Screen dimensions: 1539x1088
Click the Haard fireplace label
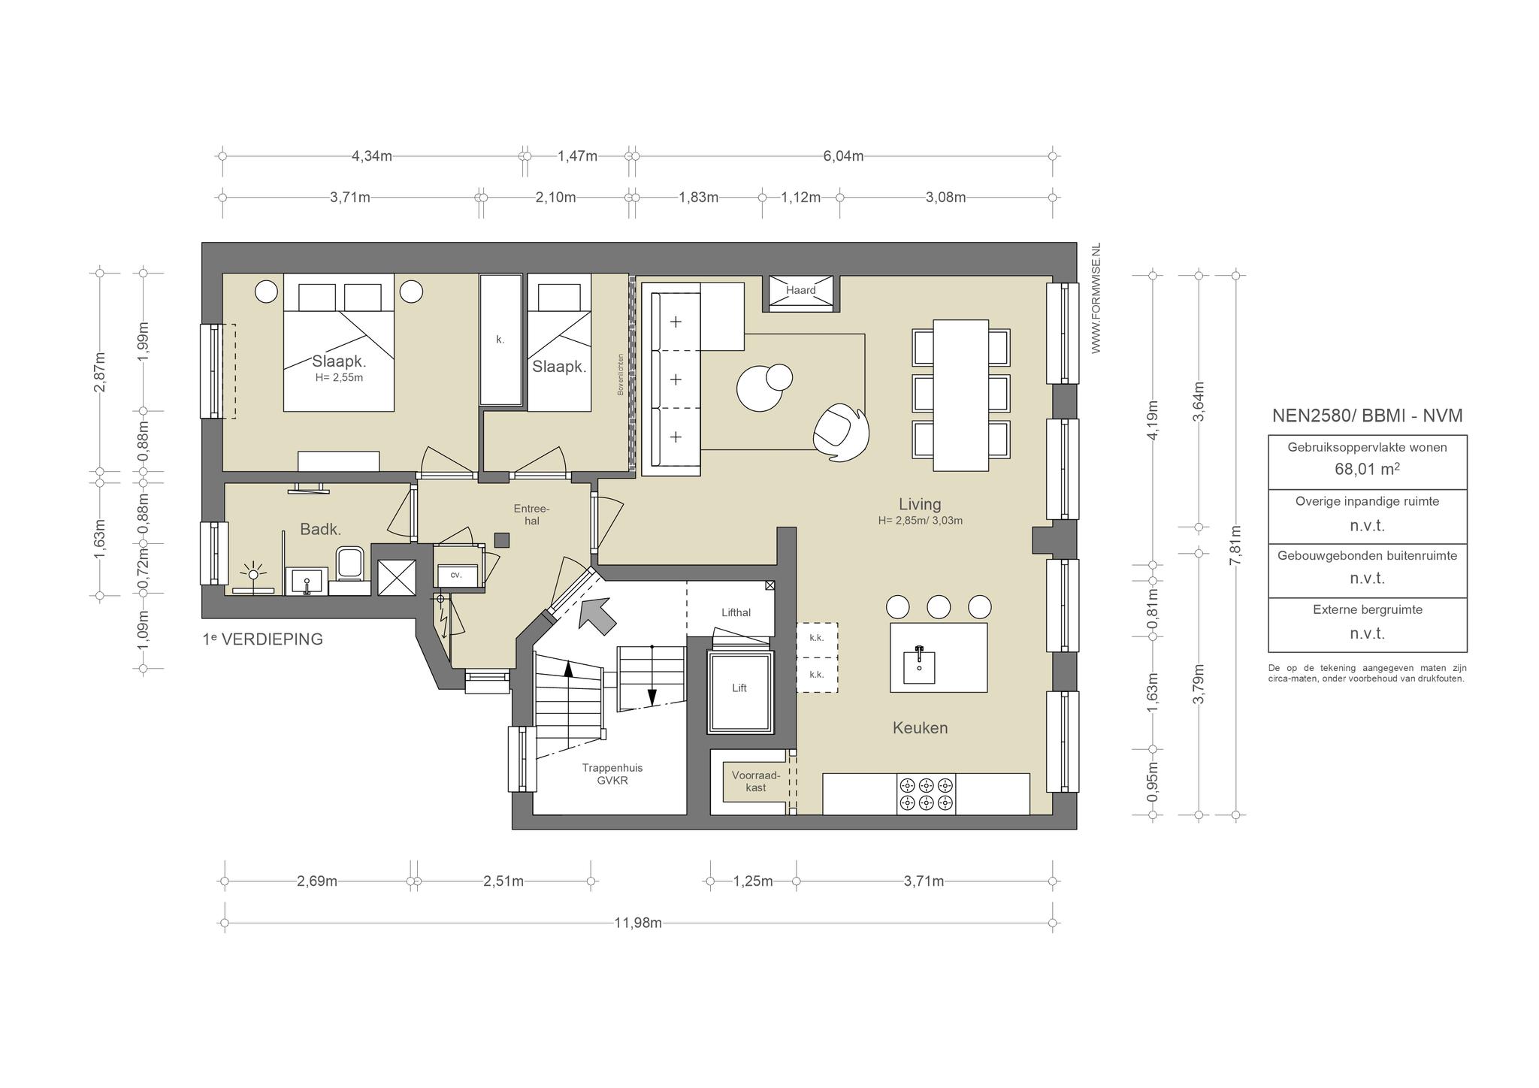[x=800, y=290]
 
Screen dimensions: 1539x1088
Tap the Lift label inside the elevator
[x=739, y=688]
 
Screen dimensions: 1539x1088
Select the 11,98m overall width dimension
[x=638, y=923]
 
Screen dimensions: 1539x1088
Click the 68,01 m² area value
[x=1367, y=470]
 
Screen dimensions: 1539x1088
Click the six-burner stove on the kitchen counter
[x=927, y=794]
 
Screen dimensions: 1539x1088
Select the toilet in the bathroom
[x=350, y=565]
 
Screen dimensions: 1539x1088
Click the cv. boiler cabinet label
[x=455, y=575]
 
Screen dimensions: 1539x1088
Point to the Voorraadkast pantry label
[x=756, y=781]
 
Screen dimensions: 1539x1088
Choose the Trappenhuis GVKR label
[x=612, y=774]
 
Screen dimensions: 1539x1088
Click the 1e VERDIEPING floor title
[x=263, y=639]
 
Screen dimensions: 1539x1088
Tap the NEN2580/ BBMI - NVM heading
[x=1367, y=416]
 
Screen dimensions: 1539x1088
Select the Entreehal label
[x=532, y=515]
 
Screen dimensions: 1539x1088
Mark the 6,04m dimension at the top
[x=843, y=156]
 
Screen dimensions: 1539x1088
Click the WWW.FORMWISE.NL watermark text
[x=1096, y=298]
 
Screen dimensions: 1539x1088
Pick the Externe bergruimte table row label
[x=1368, y=609]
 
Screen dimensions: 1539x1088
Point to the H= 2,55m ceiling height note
[x=339, y=377]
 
